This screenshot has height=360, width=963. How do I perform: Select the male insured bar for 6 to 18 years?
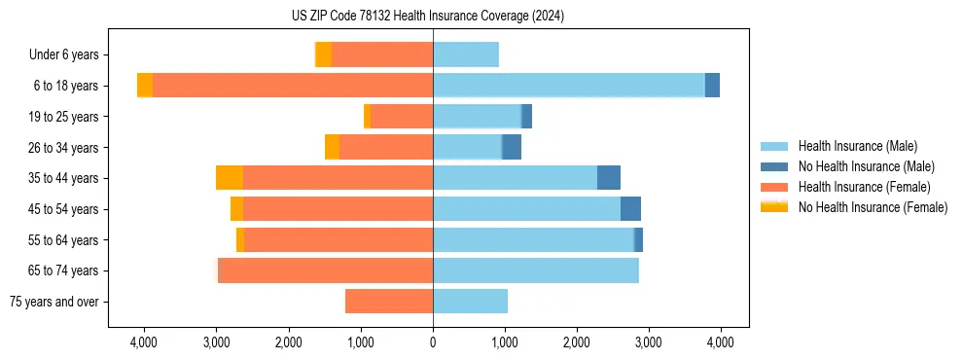click(x=569, y=86)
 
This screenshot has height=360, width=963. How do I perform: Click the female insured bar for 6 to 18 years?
click(x=293, y=86)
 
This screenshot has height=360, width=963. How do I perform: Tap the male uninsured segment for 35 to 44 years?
click(x=609, y=178)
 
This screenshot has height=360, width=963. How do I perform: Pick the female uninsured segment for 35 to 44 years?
click(x=230, y=178)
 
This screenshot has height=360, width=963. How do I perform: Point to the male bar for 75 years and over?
click(x=471, y=302)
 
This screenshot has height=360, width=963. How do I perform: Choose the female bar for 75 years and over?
click(x=389, y=302)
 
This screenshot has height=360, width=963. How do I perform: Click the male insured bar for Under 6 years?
click(x=466, y=54)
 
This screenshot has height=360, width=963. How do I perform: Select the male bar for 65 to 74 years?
click(x=536, y=270)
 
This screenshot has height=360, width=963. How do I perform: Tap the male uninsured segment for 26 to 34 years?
click(x=512, y=147)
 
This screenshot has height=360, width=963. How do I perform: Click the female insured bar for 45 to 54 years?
click(x=338, y=209)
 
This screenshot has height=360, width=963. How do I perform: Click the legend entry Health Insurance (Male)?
click(x=857, y=146)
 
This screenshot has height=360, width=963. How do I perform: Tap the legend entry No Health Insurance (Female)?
click(x=873, y=207)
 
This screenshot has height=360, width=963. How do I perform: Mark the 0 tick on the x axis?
click(x=433, y=342)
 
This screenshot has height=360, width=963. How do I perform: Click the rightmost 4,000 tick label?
click(x=720, y=342)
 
